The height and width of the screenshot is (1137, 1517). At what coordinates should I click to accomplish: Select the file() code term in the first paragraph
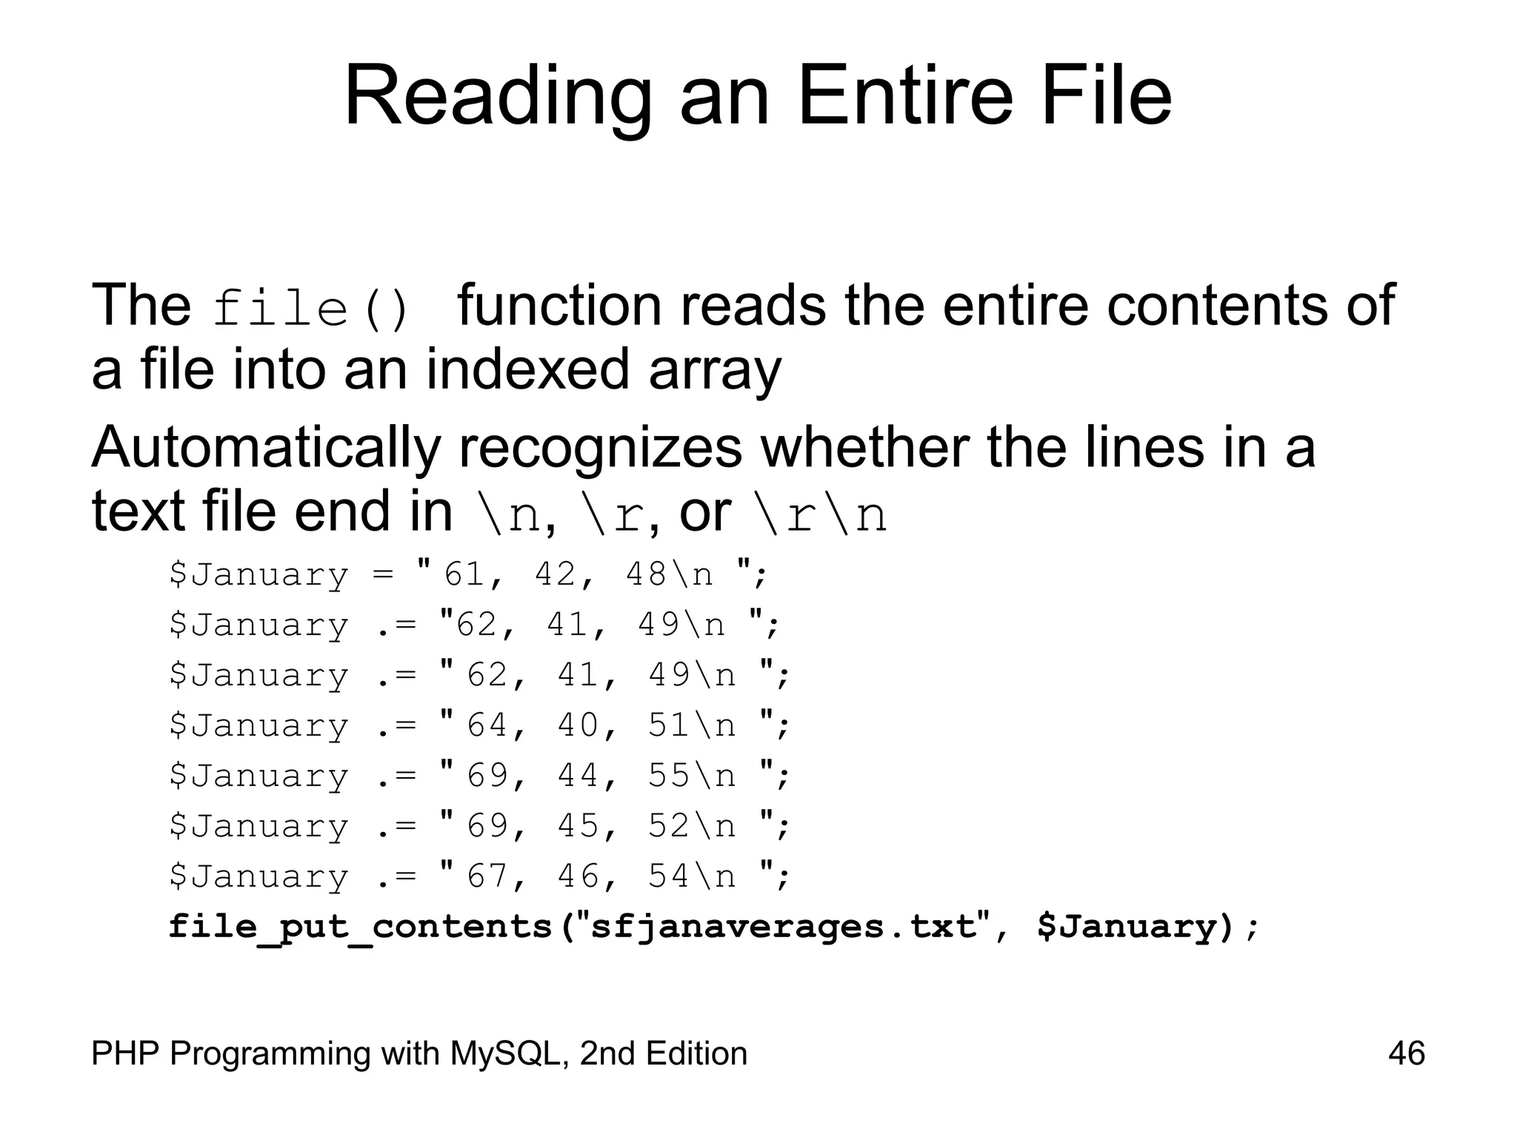(x=310, y=308)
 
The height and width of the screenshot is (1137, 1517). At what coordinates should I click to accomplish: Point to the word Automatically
(x=266, y=449)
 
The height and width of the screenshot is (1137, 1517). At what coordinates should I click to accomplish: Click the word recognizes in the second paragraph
(x=600, y=449)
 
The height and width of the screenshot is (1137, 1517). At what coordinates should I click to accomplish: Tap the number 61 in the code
(x=464, y=574)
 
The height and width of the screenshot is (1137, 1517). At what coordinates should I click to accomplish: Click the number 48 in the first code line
(x=646, y=574)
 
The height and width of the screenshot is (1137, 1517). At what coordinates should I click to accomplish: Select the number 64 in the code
(x=487, y=725)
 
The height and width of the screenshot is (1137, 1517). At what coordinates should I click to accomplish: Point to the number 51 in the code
(x=668, y=725)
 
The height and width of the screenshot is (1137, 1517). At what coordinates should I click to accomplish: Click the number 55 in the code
(x=668, y=776)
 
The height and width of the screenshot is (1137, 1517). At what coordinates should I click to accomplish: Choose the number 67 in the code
(x=487, y=876)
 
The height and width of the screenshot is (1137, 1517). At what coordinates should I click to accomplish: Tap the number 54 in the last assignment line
(x=668, y=876)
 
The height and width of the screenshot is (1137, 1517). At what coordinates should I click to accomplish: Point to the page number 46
(x=1406, y=1053)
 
